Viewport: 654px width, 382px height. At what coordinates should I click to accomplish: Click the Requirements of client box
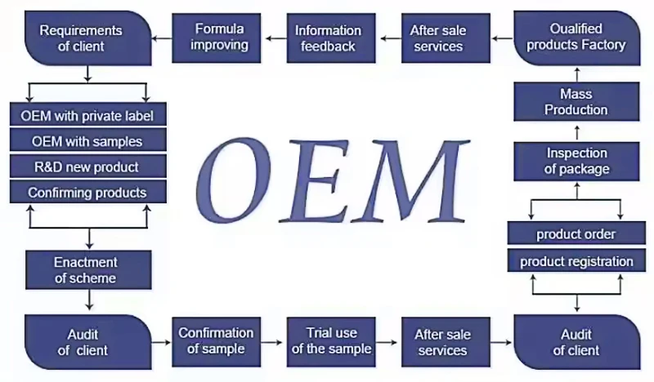[x=87, y=38]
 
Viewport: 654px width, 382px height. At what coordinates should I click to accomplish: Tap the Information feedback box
[x=327, y=38]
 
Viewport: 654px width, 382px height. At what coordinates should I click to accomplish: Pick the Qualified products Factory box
[x=576, y=38]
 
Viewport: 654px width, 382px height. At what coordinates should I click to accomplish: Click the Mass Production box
[x=576, y=102]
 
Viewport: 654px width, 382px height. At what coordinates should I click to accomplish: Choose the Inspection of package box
[x=576, y=161]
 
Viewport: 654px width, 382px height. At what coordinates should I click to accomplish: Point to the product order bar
[x=576, y=234]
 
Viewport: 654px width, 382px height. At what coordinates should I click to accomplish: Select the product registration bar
[x=576, y=261]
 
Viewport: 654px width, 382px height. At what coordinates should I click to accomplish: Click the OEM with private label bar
[x=87, y=115]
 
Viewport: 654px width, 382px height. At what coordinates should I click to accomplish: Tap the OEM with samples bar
[x=87, y=141]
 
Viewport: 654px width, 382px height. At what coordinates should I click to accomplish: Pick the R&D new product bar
[x=87, y=167]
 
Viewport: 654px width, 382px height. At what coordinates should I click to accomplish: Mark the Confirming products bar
[x=87, y=193]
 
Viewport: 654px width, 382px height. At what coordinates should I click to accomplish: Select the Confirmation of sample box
[x=216, y=341]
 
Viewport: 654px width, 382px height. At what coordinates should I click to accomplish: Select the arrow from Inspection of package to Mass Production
[x=576, y=131]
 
